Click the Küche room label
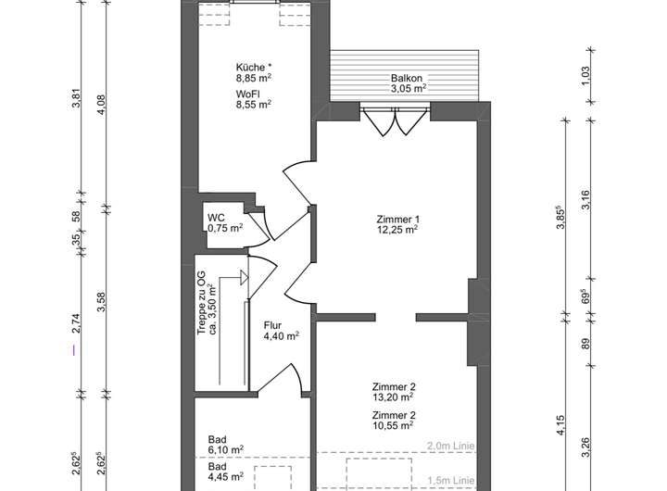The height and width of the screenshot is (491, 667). click(x=251, y=68)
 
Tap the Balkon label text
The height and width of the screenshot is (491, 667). click(x=407, y=79)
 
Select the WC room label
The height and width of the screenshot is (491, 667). click(x=216, y=218)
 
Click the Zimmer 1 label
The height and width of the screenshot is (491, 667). click(x=397, y=220)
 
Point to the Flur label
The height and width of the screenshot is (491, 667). click(x=272, y=325)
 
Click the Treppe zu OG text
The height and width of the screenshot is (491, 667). click(x=201, y=303)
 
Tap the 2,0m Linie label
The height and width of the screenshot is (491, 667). click(x=451, y=446)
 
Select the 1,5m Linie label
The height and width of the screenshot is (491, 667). click(x=451, y=481)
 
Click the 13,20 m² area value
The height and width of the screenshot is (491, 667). click(x=393, y=397)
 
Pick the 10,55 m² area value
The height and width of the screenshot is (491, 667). click(x=393, y=425)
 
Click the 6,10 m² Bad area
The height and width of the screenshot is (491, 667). click(x=226, y=449)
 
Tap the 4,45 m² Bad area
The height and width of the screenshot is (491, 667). click(x=226, y=476)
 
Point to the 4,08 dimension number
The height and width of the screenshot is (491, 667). click(x=101, y=105)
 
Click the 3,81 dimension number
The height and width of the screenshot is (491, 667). click(x=77, y=98)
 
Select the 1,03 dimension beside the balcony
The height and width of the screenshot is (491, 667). click(x=585, y=76)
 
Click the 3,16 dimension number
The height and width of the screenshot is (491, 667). click(x=585, y=200)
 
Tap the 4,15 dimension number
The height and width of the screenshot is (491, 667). click(x=560, y=424)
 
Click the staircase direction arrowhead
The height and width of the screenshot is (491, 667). click(x=245, y=277)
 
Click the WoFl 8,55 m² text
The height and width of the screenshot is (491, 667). click(x=254, y=99)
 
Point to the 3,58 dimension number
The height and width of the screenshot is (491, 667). click(x=101, y=302)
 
